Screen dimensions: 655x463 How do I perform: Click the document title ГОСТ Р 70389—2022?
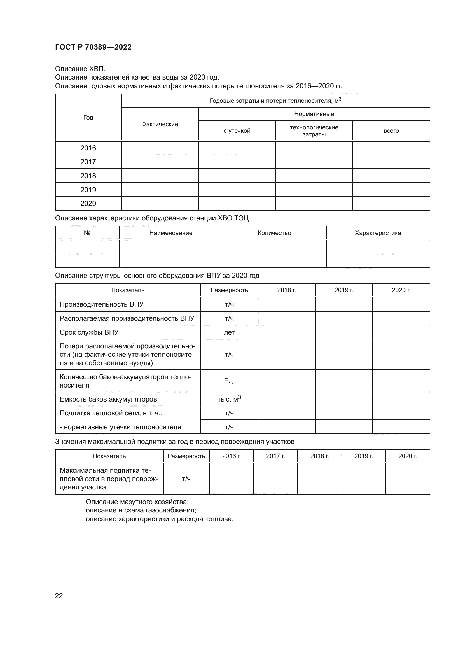point(93,47)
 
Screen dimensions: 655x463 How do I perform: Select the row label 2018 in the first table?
point(88,176)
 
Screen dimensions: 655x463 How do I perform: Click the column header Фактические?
point(160,124)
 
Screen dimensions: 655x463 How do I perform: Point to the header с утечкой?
point(237,131)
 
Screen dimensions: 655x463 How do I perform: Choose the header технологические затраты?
point(314,131)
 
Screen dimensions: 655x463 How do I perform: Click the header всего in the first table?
point(391,131)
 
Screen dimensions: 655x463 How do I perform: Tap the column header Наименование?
point(171,233)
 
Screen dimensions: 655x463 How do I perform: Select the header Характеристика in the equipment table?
point(378,233)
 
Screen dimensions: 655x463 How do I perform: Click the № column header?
point(87,233)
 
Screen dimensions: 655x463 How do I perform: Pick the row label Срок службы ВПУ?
point(89,332)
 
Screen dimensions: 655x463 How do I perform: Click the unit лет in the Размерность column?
point(229,332)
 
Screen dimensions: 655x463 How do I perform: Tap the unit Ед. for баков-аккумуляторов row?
point(229,381)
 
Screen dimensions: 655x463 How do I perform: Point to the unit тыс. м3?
point(229,399)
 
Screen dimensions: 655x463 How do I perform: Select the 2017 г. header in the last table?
point(275,456)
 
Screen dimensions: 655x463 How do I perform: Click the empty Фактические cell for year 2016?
point(160,148)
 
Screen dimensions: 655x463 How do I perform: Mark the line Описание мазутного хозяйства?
point(137,502)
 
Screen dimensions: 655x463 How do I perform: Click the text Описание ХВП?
point(80,69)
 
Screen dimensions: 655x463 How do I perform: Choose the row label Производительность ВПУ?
point(102,304)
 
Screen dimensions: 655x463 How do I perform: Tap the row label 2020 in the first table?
point(88,203)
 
